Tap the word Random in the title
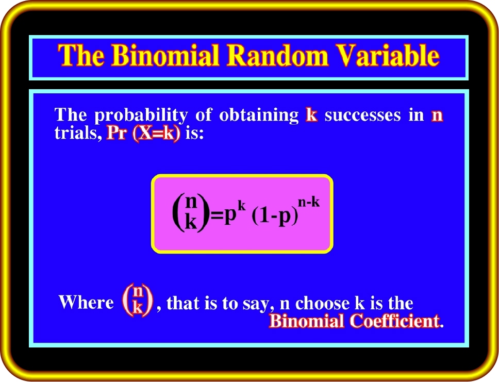(277, 55)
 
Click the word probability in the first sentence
(141, 116)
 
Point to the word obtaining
(259, 116)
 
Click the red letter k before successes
(311, 115)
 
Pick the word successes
(362, 115)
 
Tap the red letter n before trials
(437, 116)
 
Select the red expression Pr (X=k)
(143, 134)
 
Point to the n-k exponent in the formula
(309, 203)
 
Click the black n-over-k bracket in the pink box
(191, 212)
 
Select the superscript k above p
(242, 206)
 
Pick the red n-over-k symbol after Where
(138, 300)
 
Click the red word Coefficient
(395, 321)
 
